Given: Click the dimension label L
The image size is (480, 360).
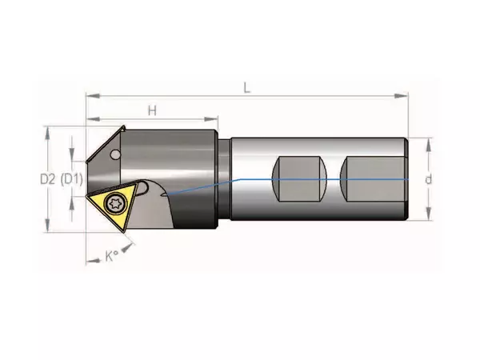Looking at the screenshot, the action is pos(247,88).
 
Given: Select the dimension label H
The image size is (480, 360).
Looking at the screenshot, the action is pos(152,110).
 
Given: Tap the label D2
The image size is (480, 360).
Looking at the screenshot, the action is pos(48,179).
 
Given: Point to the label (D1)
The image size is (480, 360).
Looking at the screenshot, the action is pos(72,179).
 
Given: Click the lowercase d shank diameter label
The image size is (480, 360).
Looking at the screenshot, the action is pos(429,179).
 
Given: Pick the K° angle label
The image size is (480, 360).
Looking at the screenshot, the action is pos(112,256).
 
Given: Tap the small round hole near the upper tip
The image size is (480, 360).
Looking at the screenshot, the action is pos(115,154).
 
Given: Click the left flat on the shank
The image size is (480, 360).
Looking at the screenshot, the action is pos(299,179).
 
